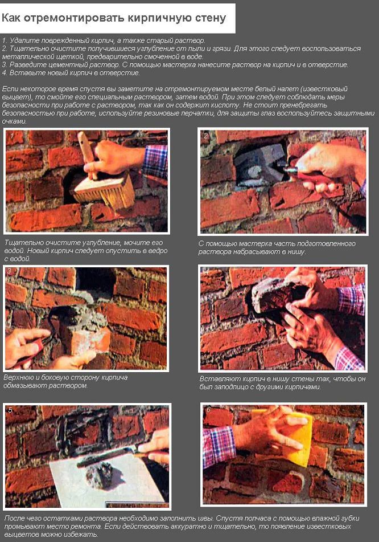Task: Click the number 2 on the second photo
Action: tap(206, 136)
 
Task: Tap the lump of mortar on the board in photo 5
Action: tap(102, 475)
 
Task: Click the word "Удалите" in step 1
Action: tap(22, 40)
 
